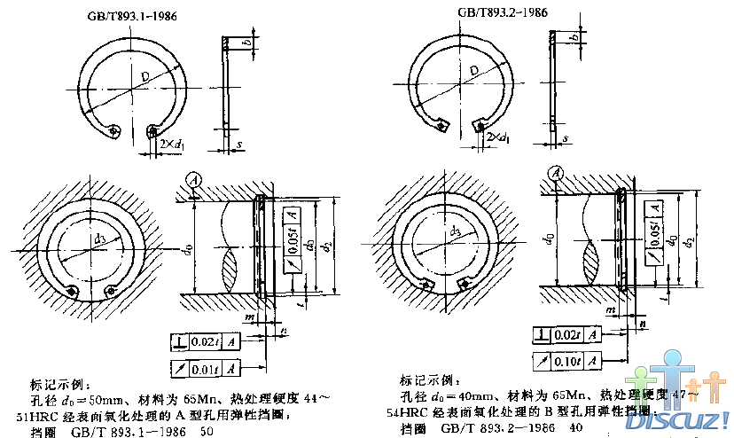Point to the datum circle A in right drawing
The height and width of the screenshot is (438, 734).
tap(556, 173)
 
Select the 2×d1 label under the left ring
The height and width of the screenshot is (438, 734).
tap(170, 142)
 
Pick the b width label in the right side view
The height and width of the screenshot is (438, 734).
tap(574, 38)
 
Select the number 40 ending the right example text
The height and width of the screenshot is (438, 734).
tap(563, 427)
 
